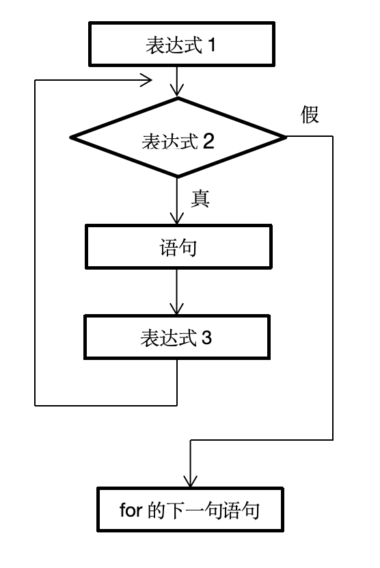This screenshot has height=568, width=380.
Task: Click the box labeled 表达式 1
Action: (178, 46)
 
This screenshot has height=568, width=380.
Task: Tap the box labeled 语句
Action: (178, 248)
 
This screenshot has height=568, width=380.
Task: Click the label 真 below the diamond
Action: (200, 198)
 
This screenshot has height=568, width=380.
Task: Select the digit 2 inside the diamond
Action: (209, 141)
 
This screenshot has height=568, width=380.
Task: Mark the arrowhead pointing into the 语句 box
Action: (178, 219)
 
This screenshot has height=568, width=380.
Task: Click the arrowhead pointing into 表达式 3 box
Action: (178, 310)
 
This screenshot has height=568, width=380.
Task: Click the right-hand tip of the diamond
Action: (286, 138)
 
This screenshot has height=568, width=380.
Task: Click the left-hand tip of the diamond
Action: (70, 138)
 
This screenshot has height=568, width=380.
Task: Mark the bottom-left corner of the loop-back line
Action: (35, 405)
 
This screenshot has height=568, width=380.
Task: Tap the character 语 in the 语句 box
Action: (167, 248)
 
